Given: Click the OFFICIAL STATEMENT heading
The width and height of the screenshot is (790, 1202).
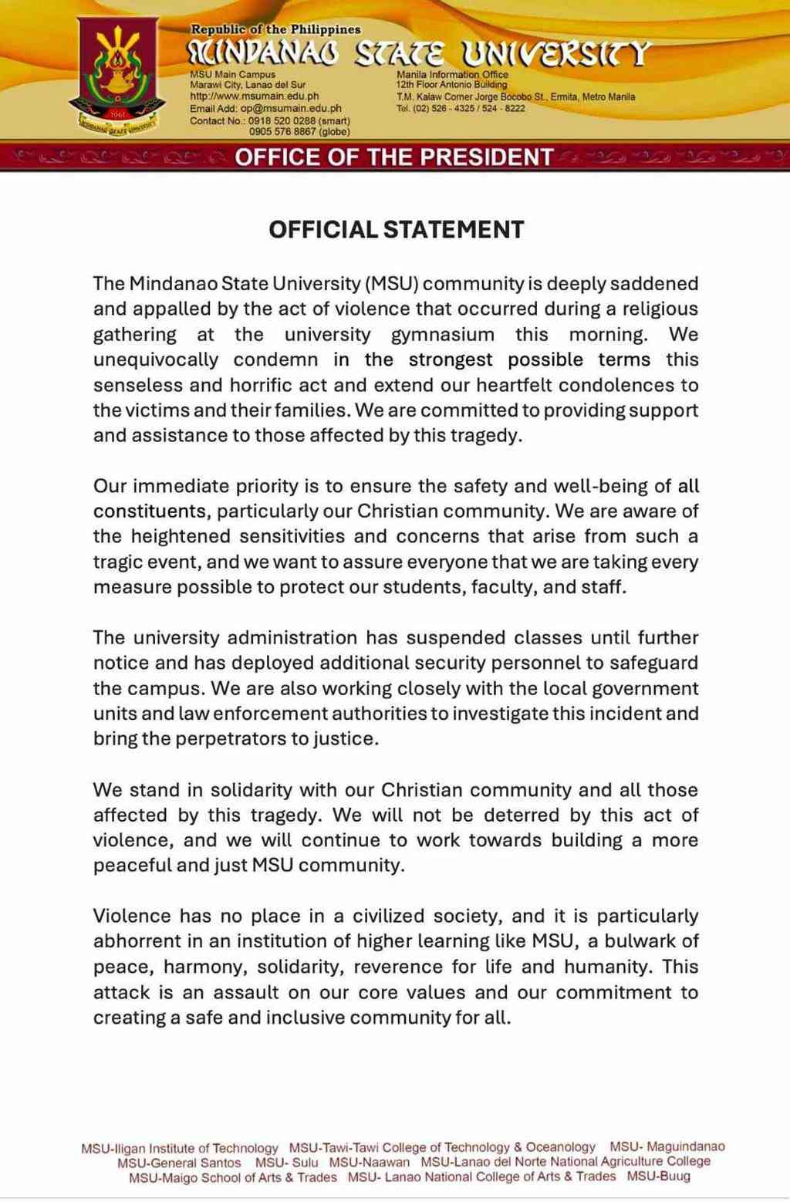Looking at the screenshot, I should pos(396,229).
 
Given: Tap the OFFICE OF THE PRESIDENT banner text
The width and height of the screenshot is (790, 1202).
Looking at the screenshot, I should pos(394,157).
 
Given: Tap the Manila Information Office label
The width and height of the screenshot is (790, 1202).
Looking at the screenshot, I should pos(452,75).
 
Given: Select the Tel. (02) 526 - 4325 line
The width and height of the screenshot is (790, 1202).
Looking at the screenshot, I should pos(460,108).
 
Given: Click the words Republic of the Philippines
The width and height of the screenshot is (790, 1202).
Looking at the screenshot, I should pos(275,29).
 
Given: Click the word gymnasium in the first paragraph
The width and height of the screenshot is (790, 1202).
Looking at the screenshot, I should pos(442,334).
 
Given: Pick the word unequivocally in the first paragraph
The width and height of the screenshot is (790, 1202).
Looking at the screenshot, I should pos(156,360).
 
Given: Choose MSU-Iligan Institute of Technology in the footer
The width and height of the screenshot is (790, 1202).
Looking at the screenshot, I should pos(179,1148).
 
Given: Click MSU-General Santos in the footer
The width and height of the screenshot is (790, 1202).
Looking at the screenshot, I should pos(179,1163).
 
